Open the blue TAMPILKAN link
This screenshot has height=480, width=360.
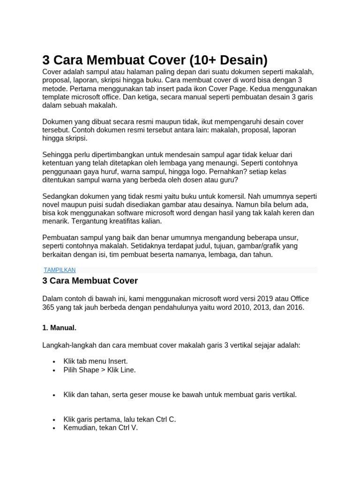(x=60, y=270)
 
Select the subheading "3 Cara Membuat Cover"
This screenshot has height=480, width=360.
(x=90, y=281)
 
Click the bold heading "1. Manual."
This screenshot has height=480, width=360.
(x=60, y=327)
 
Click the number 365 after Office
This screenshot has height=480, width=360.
(x=49, y=307)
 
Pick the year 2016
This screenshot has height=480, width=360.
(x=294, y=307)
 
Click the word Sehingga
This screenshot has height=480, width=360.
(x=58, y=154)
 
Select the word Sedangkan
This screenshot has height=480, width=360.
(x=61, y=196)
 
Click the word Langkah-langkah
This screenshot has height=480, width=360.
(x=69, y=345)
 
